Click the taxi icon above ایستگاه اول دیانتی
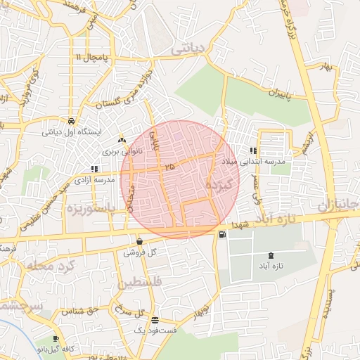pos(72,121)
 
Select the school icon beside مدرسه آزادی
pos(95,169)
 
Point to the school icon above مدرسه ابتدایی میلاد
pos(252,150)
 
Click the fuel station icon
pos(223,234)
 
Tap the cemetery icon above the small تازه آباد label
pos(271,255)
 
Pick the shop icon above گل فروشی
pos(140,242)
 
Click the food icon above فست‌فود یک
pos(155,319)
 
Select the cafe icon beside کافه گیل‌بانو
pos(56,338)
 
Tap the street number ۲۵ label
pos(168,167)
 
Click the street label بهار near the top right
pos(324,66)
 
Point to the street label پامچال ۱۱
pos(94,56)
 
